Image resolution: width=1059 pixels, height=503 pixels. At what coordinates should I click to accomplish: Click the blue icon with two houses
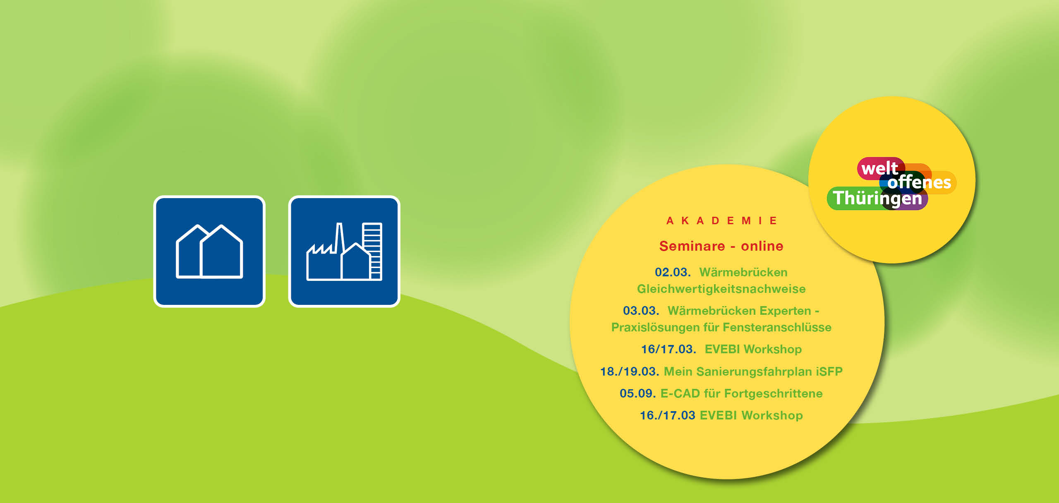tap(209, 251)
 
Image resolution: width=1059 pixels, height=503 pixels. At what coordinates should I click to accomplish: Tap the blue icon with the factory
tap(344, 251)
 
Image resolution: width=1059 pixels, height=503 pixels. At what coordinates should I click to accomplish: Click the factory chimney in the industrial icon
tap(339, 238)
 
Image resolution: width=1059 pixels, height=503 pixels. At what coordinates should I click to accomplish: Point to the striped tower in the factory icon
tap(372, 251)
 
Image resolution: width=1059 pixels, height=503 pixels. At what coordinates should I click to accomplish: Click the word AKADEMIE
tap(722, 221)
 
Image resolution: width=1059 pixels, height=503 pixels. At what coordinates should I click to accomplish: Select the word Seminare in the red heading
tap(692, 246)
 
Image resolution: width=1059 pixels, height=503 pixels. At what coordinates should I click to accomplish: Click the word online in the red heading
tap(762, 246)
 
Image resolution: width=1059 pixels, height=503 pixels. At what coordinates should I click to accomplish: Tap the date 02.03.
tap(673, 272)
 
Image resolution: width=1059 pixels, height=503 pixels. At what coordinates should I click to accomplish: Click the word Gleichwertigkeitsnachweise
tap(721, 289)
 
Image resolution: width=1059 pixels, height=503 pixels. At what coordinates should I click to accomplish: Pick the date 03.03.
tap(641, 311)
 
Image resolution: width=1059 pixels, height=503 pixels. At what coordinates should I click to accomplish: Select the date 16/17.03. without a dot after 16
tap(668, 349)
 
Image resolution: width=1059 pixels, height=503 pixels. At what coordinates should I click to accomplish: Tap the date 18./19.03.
tap(630, 371)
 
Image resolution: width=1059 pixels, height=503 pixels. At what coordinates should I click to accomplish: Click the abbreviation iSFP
tap(829, 371)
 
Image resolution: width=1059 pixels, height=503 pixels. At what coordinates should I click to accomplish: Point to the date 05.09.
tap(637, 393)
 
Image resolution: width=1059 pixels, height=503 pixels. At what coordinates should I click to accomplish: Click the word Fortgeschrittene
tap(774, 393)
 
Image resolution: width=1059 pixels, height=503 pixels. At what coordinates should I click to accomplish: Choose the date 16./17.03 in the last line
tap(667, 415)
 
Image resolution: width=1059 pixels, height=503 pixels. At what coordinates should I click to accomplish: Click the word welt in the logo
tap(879, 168)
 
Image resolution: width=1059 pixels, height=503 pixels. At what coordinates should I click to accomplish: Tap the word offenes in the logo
tap(919, 182)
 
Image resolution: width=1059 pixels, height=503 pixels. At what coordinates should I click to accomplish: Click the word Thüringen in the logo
tap(877, 198)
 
